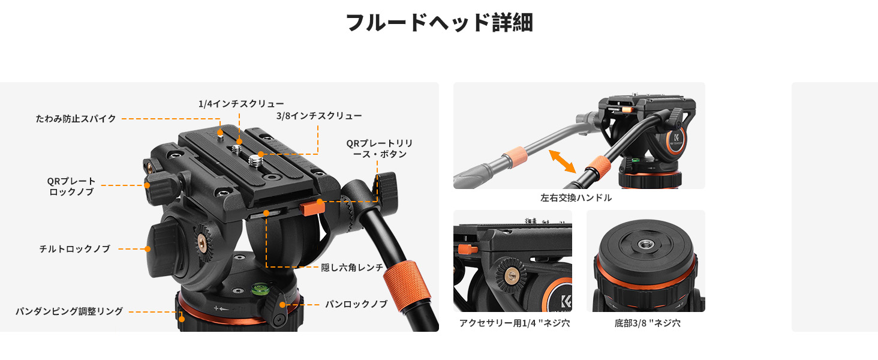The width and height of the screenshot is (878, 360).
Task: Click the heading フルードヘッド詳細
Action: point(439,22)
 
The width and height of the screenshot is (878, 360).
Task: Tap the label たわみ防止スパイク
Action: point(76,118)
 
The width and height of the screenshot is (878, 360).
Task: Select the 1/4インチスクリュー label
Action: point(241,104)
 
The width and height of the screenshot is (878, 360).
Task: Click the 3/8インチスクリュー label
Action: point(319,116)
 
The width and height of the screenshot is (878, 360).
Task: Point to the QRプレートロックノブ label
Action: point(71,186)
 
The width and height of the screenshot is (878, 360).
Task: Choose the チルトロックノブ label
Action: point(74,248)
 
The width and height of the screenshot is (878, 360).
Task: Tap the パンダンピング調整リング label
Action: point(70,311)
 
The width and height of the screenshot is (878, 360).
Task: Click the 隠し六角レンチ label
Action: point(352,268)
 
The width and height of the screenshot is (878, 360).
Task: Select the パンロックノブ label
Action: point(356,304)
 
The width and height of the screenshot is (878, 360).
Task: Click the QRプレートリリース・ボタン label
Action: point(380,149)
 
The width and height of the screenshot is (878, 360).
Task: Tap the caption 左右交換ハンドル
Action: point(576,197)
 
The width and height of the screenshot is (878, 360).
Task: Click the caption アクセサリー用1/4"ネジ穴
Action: point(514,323)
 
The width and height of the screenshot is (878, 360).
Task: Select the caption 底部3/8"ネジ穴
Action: point(648,323)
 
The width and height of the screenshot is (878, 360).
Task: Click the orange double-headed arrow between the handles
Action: point(563,161)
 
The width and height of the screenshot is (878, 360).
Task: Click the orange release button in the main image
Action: point(312,208)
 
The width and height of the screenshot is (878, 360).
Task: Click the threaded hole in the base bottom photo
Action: point(645,245)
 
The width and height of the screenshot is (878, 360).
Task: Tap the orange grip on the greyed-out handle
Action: point(514,158)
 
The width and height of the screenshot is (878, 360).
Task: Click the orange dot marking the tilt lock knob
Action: point(148,248)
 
